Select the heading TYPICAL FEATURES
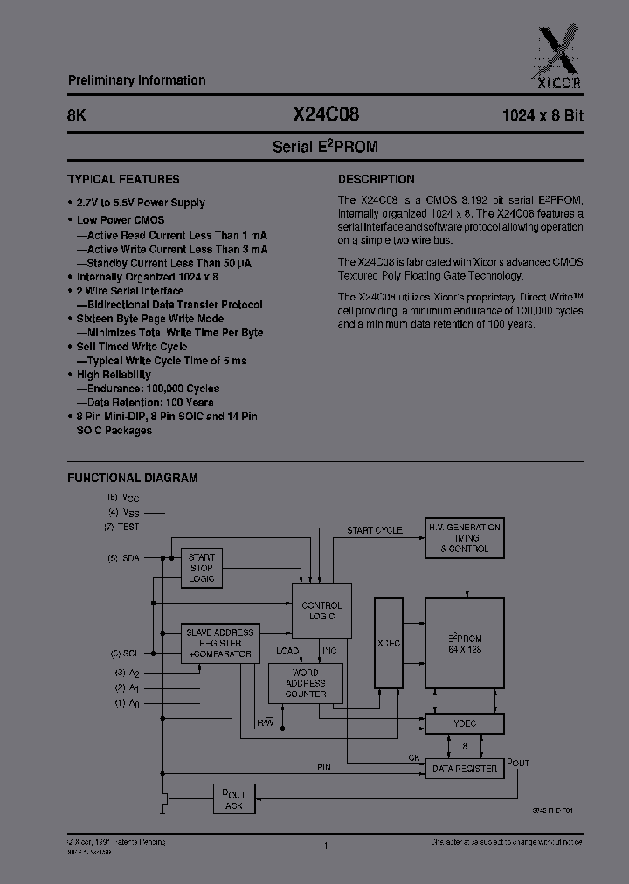tap(123, 179)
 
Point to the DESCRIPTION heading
tap(376, 179)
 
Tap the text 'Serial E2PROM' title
tap(325, 147)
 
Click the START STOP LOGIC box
tap(202, 568)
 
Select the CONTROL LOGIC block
tap(321, 611)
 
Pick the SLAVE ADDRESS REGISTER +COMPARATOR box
tap(219, 643)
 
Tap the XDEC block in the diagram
tap(391, 642)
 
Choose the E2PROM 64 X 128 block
tap(464, 643)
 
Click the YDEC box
tap(464, 724)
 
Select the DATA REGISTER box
tap(464, 769)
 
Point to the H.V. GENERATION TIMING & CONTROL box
tap(464, 538)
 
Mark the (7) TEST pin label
tap(122, 528)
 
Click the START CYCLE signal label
tap(374, 530)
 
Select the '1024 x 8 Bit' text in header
tap(542, 115)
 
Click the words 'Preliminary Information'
tap(136, 80)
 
